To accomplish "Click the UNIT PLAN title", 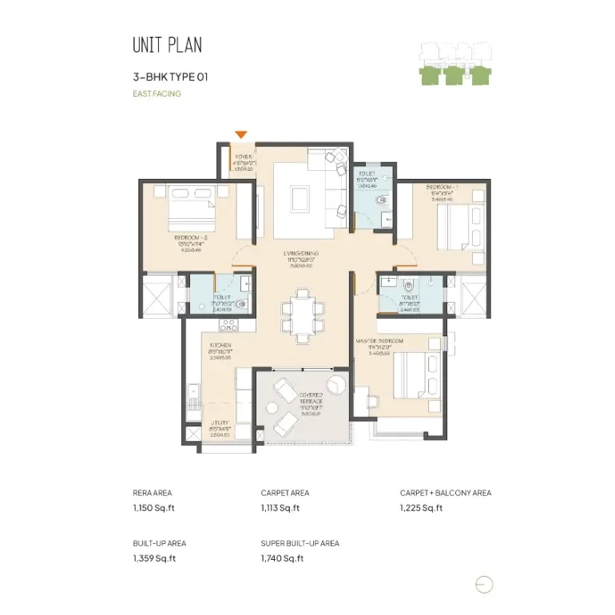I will pos(167,45).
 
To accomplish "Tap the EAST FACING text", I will pos(157,93).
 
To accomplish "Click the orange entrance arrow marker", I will pos(240,135).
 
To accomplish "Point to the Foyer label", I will pos(243,157).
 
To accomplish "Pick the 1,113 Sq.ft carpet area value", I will pos(280,508).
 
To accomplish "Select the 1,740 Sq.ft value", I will pos(282,558).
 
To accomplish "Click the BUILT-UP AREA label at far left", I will pos(160,543).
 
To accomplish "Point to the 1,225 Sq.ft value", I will pos(421,508).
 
